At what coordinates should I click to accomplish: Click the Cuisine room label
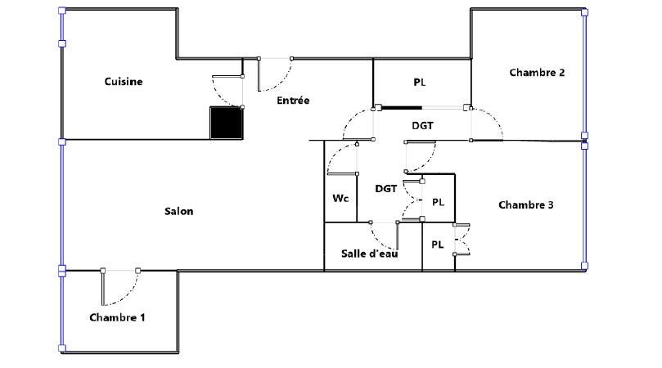pyautogui.click(x=124, y=82)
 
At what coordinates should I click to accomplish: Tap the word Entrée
pyautogui.click(x=293, y=100)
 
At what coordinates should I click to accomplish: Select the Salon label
pyautogui.click(x=179, y=211)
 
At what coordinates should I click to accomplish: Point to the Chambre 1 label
pyautogui.click(x=117, y=317)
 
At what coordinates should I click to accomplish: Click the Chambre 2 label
pyautogui.click(x=537, y=73)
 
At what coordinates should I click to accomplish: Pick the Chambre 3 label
pyautogui.click(x=526, y=204)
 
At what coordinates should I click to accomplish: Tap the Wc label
pyautogui.click(x=340, y=198)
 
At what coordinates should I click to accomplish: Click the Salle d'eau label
pyautogui.click(x=369, y=254)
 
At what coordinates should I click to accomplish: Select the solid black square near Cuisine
pyautogui.click(x=227, y=123)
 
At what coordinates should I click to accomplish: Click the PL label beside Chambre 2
pyautogui.click(x=419, y=83)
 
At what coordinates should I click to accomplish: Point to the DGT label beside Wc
pyautogui.click(x=386, y=189)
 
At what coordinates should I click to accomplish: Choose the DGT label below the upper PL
pyautogui.click(x=422, y=125)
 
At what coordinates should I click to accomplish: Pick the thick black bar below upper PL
pyautogui.click(x=402, y=108)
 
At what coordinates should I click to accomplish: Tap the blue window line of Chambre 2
pyautogui.click(x=585, y=74)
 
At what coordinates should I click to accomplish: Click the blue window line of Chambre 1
pyautogui.click(x=62, y=310)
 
